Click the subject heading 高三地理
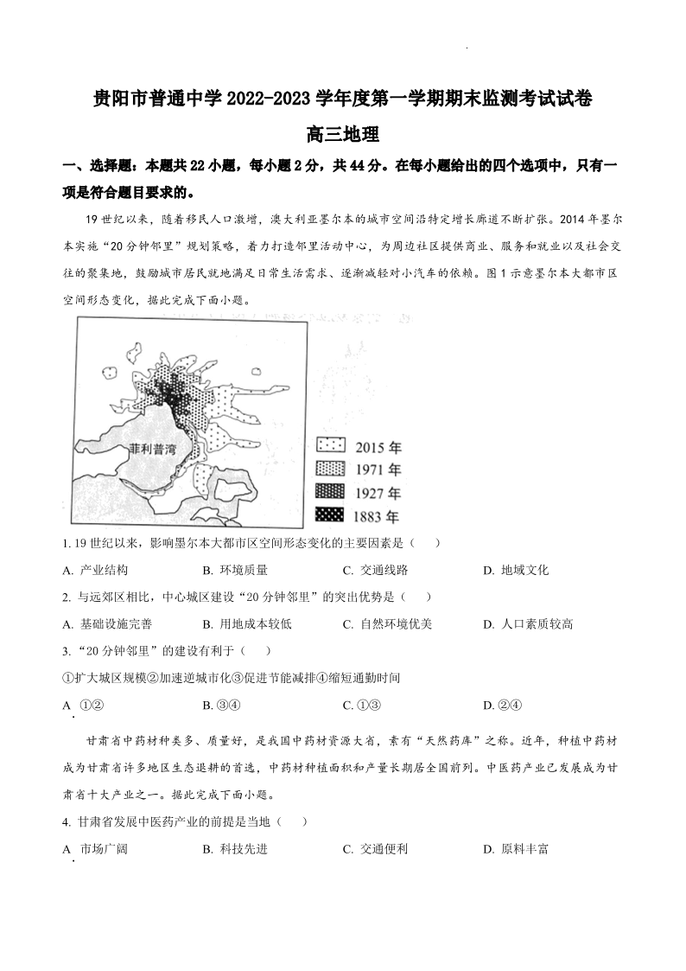point(343,135)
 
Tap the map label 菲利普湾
point(152,450)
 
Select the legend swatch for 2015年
point(332,447)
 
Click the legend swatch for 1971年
point(332,470)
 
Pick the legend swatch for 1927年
point(332,492)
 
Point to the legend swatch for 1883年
point(332,515)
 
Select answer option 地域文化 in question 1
point(515,570)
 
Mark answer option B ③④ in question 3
point(220,705)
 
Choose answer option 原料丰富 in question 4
point(515,849)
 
